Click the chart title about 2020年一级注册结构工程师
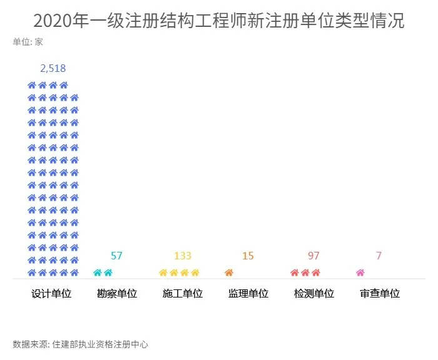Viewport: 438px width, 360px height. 219,21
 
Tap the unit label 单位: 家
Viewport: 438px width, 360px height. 28,42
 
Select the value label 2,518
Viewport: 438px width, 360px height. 53,68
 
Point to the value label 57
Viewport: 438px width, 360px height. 116,256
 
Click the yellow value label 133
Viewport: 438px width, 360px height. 182,256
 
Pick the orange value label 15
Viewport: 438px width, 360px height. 248,256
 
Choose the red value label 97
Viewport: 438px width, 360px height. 313,256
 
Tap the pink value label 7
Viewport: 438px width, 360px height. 379,256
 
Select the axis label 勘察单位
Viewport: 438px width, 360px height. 117,293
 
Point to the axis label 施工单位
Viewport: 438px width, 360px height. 182,293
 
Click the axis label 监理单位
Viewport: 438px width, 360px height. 248,293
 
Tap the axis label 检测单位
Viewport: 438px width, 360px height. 313,293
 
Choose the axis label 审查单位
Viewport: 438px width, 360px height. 379,293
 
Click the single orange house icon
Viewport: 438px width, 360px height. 228,272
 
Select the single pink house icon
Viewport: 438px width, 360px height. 360,272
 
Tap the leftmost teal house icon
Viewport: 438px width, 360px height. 97,272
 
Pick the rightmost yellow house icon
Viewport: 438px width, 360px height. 195,272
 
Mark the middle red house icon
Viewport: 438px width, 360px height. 305,272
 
